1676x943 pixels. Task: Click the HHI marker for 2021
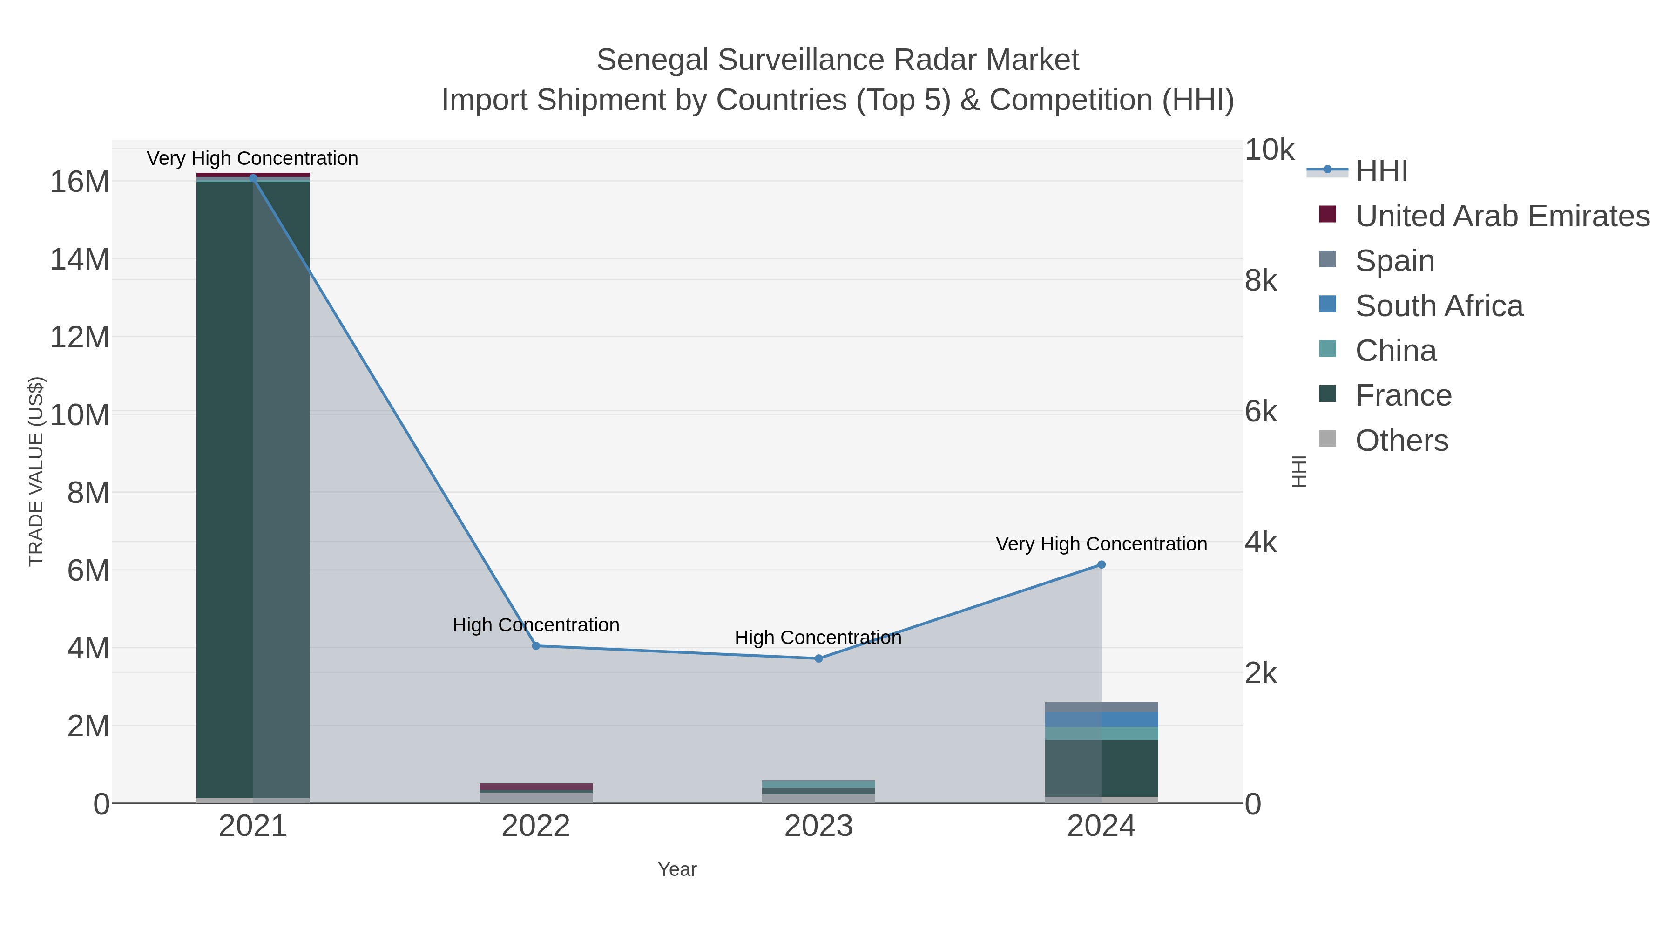tap(253, 178)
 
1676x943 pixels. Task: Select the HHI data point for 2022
tap(536, 646)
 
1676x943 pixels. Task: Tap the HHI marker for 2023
tap(818, 658)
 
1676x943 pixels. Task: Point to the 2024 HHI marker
tap(1102, 565)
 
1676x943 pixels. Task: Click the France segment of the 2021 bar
tap(253, 488)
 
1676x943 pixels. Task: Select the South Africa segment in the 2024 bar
tap(1102, 719)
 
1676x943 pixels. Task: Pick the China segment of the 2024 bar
tap(1102, 733)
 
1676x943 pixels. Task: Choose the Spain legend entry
tap(1394, 260)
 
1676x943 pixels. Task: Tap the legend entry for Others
tap(1401, 441)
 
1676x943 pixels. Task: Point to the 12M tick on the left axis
tap(79, 337)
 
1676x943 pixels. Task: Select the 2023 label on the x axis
tap(818, 827)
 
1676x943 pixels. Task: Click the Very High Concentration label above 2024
tap(1101, 544)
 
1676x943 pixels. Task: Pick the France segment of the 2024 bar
tap(1102, 768)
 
